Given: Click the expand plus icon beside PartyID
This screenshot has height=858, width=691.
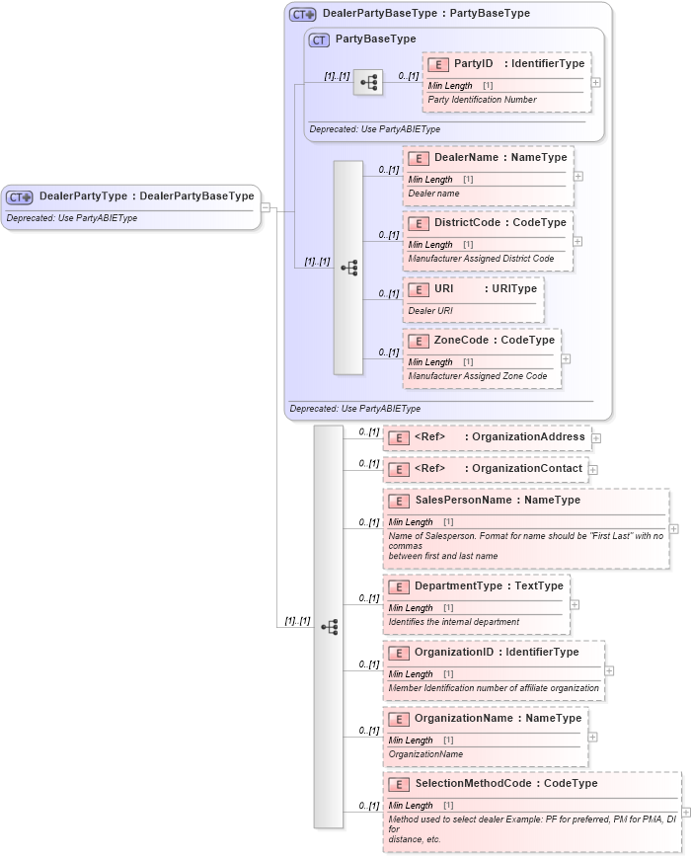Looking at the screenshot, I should (x=595, y=82).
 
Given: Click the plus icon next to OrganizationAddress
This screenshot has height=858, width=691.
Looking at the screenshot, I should (x=596, y=437).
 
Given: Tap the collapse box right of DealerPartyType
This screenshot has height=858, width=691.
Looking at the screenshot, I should (x=266, y=207).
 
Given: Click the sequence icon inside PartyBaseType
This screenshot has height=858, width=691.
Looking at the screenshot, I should (x=368, y=83).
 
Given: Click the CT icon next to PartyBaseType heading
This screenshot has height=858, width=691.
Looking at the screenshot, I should (x=319, y=39).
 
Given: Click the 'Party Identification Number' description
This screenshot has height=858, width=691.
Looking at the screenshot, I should (x=482, y=100).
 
